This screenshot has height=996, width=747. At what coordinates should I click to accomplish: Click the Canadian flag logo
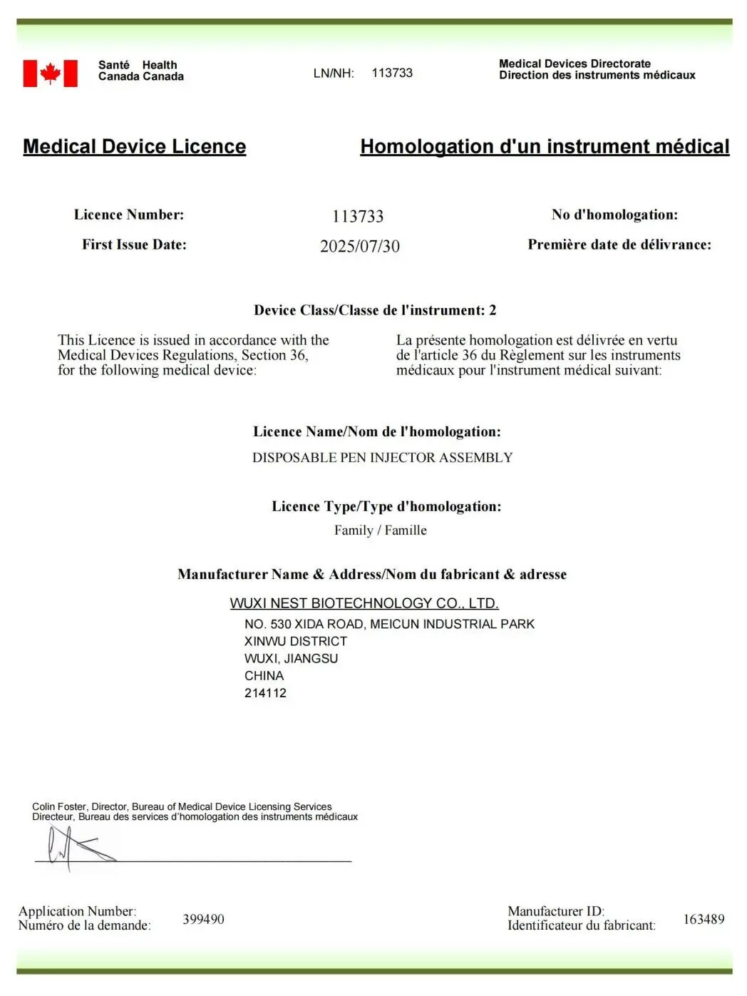50,73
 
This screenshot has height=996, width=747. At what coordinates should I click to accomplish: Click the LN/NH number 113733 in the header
392,73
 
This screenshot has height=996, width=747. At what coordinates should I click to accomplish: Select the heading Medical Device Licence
134,146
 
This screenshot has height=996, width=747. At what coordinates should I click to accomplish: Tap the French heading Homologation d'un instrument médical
545,146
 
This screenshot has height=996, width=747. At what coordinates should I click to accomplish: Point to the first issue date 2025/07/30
359,246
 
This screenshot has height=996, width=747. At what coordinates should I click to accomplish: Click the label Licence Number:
128,215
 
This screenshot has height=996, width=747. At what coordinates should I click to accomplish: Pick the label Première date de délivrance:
619,245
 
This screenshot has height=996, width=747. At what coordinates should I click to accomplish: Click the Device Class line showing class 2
375,310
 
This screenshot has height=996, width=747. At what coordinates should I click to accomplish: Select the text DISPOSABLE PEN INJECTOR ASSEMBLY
382,458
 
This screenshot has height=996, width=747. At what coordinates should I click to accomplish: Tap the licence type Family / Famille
380,530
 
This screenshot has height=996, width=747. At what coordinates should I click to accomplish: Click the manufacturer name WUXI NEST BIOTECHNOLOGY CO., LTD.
364,603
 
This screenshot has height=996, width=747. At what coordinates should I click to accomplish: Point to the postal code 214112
265,693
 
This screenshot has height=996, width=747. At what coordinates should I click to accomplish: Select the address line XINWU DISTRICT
295,642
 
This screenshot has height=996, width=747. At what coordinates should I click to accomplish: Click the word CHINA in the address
264,676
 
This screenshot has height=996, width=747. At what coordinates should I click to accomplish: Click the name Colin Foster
58,806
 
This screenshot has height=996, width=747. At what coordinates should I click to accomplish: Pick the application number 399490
203,919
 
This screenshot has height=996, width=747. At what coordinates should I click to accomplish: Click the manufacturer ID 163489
704,919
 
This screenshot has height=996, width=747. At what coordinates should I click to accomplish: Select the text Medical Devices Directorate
575,63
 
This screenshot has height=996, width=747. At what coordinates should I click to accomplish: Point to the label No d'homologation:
614,215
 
